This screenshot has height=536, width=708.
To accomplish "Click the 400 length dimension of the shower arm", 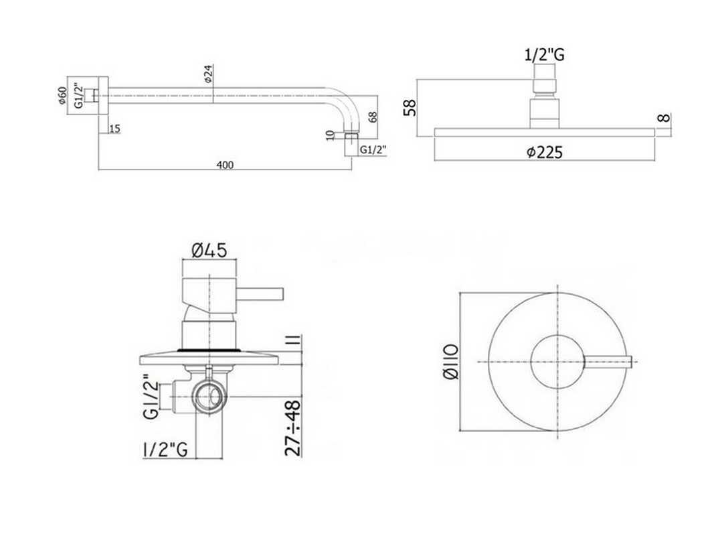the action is [225, 165].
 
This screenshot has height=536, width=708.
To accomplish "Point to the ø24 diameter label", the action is [208, 73].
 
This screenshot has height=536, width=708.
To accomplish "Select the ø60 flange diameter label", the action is [63, 95].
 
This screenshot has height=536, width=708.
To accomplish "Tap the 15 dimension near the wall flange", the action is [114, 129].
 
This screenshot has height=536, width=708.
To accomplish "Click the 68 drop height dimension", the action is [373, 117].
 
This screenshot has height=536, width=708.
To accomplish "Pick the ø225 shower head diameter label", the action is [545, 152].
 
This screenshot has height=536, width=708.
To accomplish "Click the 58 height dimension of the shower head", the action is [410, 108].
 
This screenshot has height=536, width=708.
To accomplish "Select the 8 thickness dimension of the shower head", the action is [664, 118].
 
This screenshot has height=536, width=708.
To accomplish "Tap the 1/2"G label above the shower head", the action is [544, 55].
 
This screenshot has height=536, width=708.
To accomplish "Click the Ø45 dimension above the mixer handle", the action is [209, 249].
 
